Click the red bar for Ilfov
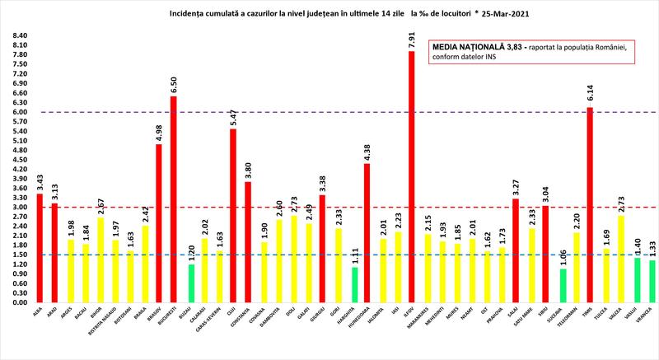(x=411, y=177)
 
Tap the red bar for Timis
(x=590, y=205)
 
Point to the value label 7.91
(x=411, y=38)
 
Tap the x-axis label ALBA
(x=37, y=312)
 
